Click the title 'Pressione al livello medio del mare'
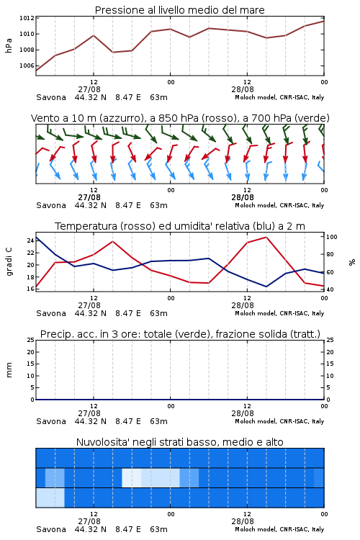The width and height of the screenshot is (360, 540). point(179,10)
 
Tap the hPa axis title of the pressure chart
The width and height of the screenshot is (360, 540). point(9,45)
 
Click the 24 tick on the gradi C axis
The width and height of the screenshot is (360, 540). point(30,240)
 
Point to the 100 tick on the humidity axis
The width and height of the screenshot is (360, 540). point(332,237)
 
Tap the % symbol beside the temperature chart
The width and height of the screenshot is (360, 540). point(352,262)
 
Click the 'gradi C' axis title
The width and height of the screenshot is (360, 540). point(9,261)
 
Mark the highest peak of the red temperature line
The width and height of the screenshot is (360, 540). point(266,237)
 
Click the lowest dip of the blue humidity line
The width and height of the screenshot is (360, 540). point(266,287)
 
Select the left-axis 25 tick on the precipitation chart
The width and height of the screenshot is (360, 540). point(30,340)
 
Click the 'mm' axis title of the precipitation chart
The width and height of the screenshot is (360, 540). point(9,370)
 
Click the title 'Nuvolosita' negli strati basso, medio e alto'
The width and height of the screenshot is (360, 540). point(179,442)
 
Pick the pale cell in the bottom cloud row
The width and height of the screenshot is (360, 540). point(50,498)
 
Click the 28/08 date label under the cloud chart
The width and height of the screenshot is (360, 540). point(243,521)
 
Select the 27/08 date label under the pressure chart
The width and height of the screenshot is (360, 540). point(89,89)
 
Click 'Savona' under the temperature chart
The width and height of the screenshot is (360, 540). point(51,313)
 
